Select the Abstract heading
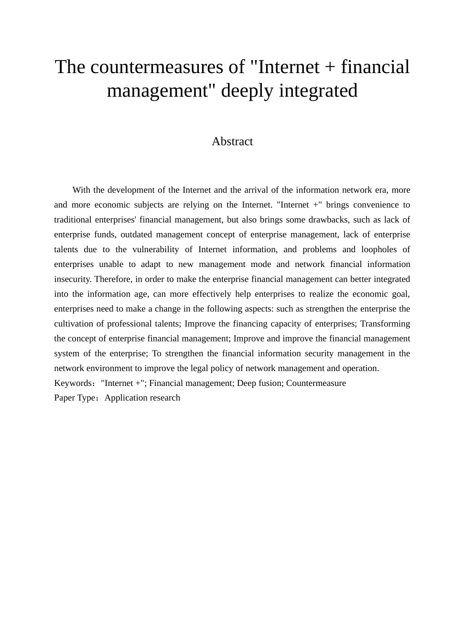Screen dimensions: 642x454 (232, 141)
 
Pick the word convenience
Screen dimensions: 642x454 (375, 205)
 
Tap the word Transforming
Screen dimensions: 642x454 (385, 324)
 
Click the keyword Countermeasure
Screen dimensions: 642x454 (316, 383)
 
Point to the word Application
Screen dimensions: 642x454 (125, 398)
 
